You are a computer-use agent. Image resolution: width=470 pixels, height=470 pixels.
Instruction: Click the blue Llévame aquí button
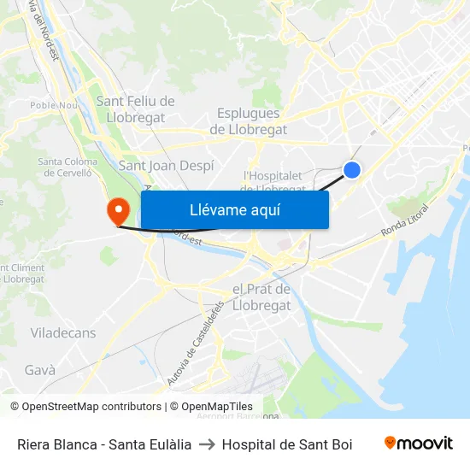pos(234,210)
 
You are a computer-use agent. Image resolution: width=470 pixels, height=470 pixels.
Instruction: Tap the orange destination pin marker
pos(116,210)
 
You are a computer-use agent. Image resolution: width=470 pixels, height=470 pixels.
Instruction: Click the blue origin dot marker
pos(351,170)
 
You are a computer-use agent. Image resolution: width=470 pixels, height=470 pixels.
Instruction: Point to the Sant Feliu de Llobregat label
pos(135,108)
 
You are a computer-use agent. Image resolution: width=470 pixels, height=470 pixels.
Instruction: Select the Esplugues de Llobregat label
pos(249,121)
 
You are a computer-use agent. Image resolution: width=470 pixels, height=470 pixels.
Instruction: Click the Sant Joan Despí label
pos(166,166)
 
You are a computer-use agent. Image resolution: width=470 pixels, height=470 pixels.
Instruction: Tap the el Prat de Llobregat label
pos(261,297)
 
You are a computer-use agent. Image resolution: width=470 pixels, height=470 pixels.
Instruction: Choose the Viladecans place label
pos(63,332)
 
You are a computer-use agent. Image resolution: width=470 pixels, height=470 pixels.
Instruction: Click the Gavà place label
pos(40,370)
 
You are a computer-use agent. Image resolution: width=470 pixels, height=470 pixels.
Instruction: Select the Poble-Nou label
pos(54,105)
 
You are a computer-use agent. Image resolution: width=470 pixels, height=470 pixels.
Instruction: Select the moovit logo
pos(419,444)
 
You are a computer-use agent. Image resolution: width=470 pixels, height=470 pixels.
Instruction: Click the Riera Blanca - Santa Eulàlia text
pos(104,444)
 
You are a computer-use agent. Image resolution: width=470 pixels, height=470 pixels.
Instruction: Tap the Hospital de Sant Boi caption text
pos(287,444)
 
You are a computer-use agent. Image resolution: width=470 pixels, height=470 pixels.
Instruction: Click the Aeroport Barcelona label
pos(238,416)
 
